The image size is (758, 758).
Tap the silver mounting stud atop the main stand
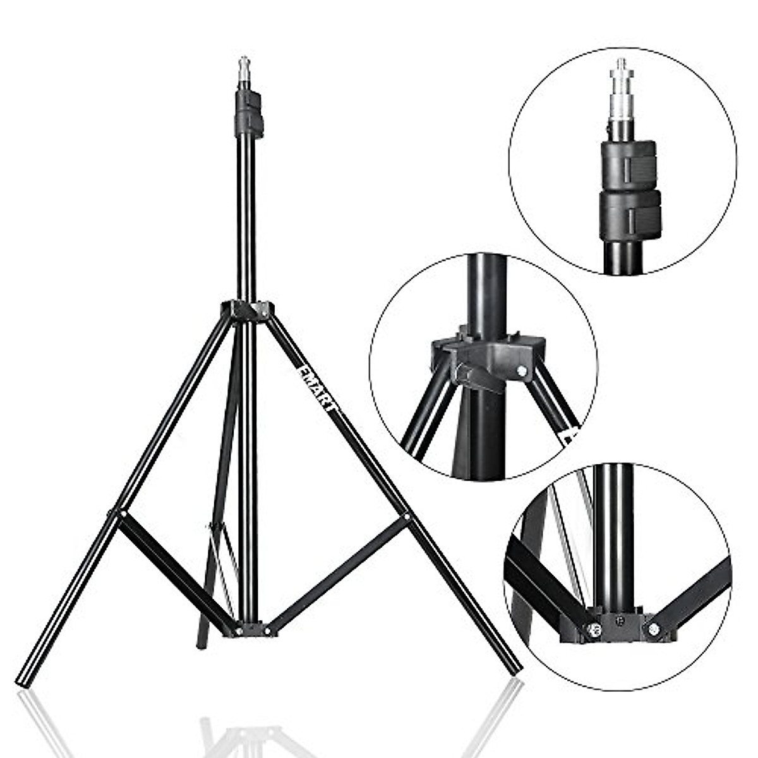pos(244,71)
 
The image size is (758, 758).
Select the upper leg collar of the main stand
pos(248,311)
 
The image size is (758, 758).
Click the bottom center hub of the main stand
pos(253,630)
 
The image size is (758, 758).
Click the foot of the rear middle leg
pos(202,641)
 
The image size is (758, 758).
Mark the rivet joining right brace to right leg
pos(406,517)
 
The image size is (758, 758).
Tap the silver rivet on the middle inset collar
pos(522,371)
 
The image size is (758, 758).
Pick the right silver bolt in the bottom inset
pos(653,629)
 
